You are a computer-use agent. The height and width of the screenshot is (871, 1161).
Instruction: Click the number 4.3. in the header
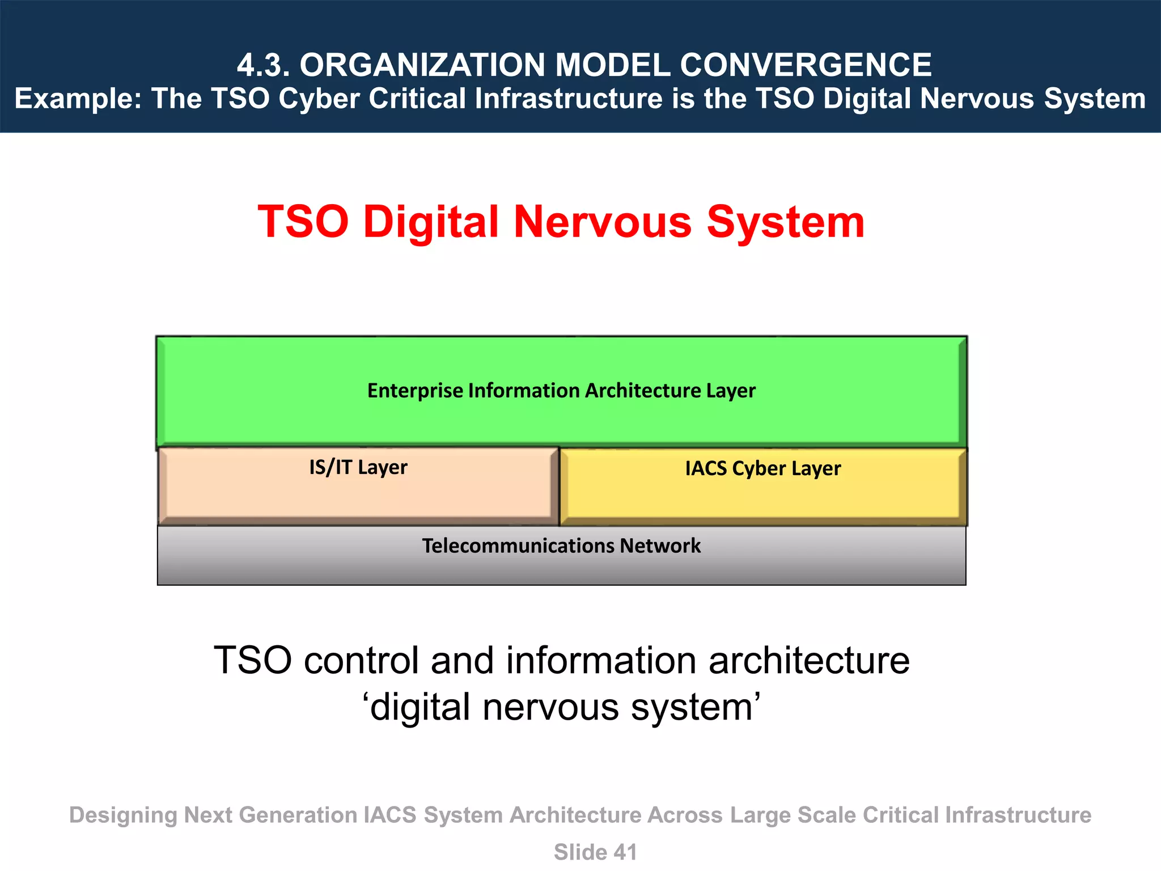point(263,65)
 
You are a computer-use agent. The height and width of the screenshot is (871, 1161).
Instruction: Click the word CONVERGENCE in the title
point(806,65)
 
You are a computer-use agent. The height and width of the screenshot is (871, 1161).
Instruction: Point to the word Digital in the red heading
point(431,222)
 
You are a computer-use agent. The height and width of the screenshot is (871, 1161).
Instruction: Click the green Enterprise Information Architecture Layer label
point(561,391)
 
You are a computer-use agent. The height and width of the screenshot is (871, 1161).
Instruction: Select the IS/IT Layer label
point(358,467)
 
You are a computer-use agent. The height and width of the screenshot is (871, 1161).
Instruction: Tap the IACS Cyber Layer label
point(762,468)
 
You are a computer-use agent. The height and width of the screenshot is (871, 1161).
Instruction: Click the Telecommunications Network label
point(561,546)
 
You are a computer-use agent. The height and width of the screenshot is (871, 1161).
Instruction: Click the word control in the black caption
point(361,661)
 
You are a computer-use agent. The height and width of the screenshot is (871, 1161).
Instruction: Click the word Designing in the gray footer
point(123,815)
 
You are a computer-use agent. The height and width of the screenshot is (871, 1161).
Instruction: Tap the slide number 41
point(625,852)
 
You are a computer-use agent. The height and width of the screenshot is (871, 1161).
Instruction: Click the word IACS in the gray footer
point(390,815)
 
